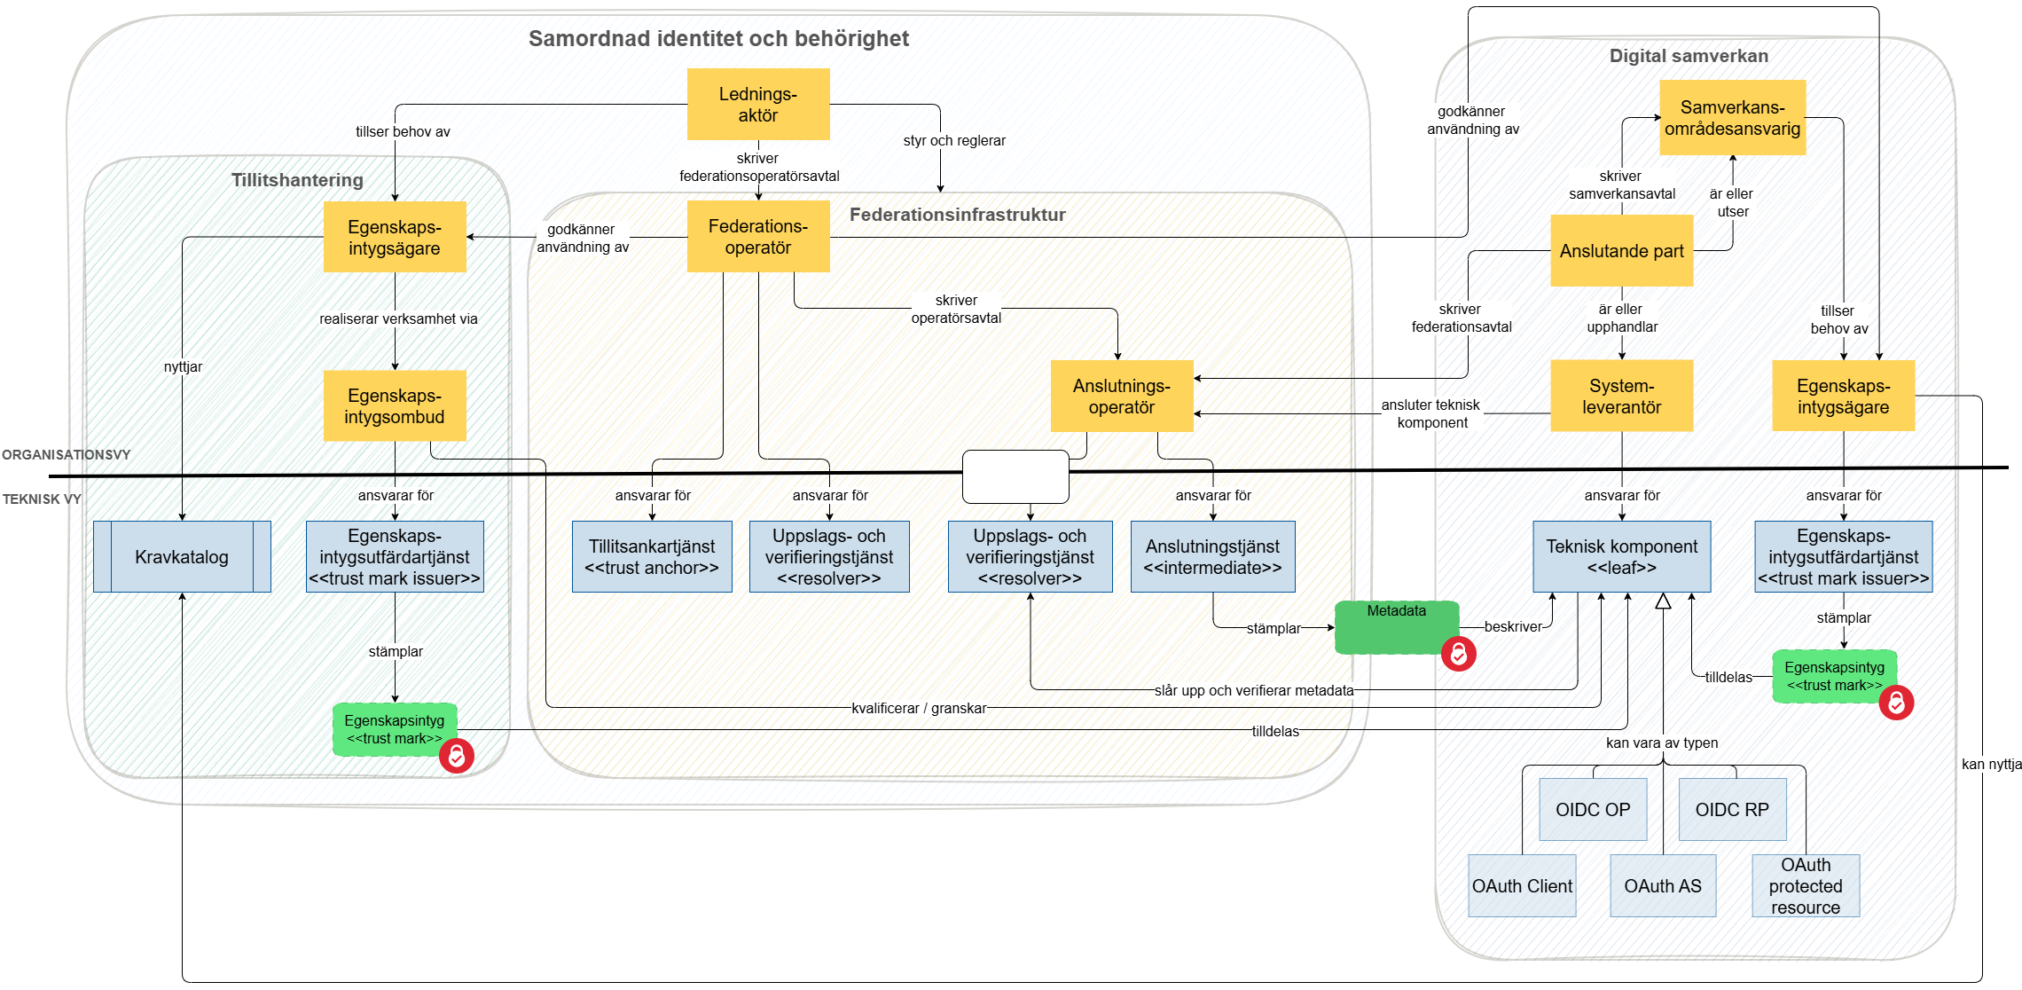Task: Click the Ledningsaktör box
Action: [x=758, y=105]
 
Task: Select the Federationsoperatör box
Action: [x=758, y=237]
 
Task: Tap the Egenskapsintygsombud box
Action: [x=395, y=406]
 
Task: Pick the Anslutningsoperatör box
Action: [x=1122, y=397]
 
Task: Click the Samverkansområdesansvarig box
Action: [x=1732, y=118]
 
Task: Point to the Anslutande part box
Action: [x=1621, y=251]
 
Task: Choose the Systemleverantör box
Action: [x=1621, y=397]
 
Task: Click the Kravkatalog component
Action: [x=182, y=557]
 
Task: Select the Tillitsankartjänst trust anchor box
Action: [x=652, y=557]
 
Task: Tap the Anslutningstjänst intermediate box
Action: [x=1212, y=557]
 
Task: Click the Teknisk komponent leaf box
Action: [x=1621, y=557]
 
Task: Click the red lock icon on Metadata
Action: [x=1458, y=654]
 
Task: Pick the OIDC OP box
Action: [x=1593, y=810]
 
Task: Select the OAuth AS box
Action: [x=1663, y=886]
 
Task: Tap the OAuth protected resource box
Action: [x=1806, y=886]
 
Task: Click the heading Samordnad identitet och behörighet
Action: [x=718, y=39]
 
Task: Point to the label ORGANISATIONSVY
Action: [x=67, y=455]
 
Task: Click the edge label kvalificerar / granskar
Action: [x=919, y=708]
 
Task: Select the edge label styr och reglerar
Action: [x=954, y=141]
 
